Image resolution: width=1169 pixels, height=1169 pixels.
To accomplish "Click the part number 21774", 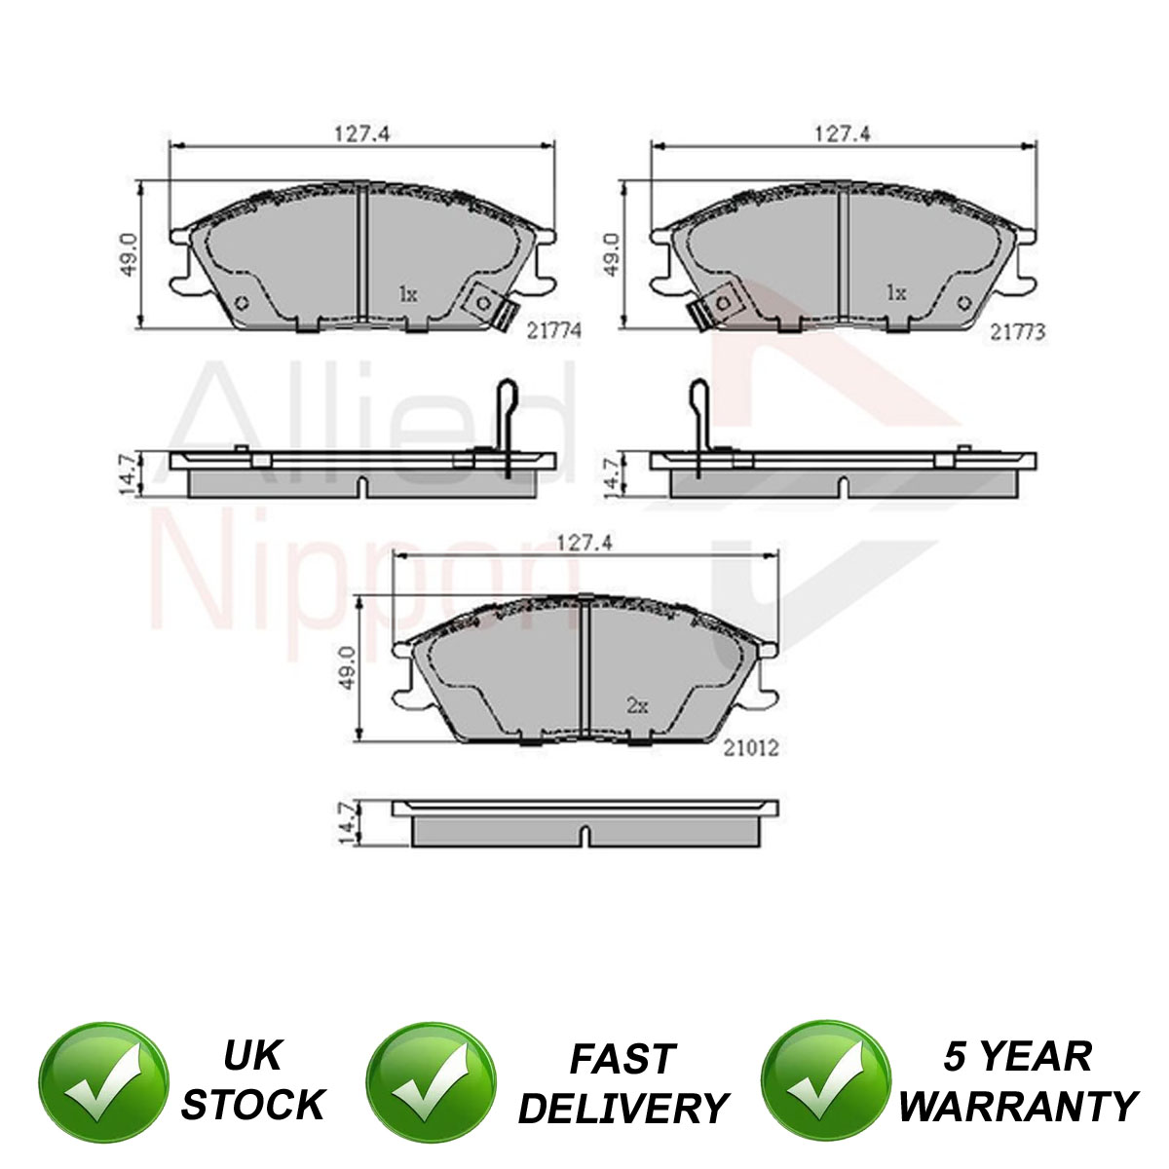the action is (x=554, y=330).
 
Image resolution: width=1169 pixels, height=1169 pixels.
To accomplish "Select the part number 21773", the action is (x=1017, y=332).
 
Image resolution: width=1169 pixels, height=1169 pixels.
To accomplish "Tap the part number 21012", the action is (x=750, y=748).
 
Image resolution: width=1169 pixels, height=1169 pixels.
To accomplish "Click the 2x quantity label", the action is (x=637, y=705).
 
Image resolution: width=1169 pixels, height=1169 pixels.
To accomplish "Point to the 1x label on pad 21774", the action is (x=408, y=295).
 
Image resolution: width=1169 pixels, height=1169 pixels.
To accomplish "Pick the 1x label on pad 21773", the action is (x=896, y=293).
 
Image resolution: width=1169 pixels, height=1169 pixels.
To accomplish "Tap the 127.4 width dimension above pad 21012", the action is (x=584, y=543).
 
